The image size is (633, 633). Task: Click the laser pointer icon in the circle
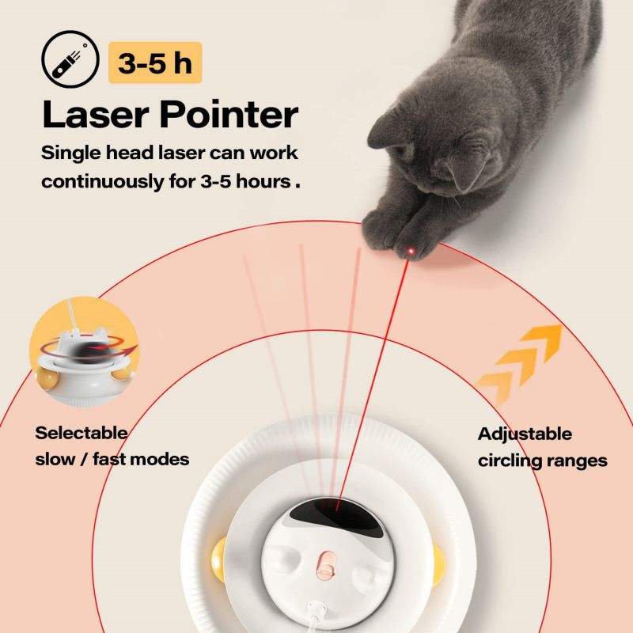coord(70,59)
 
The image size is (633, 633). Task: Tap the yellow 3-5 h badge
coord(155,63)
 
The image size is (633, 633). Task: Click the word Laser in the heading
coord(95,114)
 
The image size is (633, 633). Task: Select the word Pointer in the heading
coord(229,114)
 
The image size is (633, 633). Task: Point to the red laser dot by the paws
coord(411,252)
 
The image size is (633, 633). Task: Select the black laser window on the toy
coord(336,518)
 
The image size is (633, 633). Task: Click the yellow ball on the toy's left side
coord(218,559)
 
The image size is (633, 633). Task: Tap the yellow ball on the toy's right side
coord(439,559)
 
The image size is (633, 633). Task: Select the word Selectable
coord(81,433)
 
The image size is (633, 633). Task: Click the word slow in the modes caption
coord(55,459)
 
